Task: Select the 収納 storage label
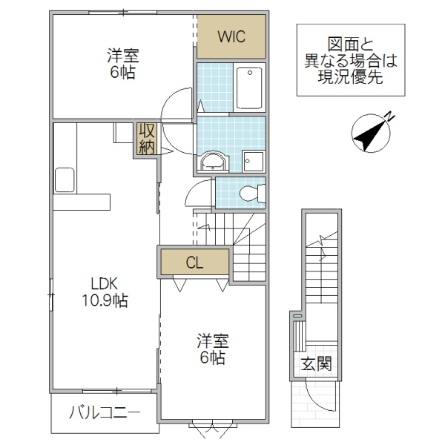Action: pos(144,138)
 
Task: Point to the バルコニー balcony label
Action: pos(105,412)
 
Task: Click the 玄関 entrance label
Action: pos(316,364)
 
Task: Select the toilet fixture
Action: pos(251,194)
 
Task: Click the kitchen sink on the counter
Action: pos(64,179)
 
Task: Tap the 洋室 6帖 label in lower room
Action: pos(212,349)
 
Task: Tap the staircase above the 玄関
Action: pos(320,267)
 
